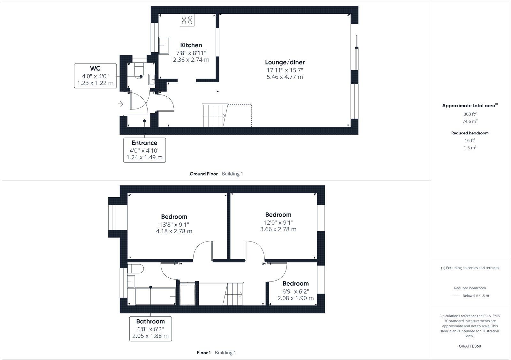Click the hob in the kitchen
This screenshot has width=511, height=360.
pyautogui.click(x=187, y=20)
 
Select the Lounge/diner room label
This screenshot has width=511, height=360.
pyautogui.click(x=285, y=62)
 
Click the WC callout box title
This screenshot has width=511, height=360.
pyautogui.click(x=95, y=68)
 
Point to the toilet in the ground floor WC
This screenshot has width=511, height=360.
pyautogui.click(x=139, y=71)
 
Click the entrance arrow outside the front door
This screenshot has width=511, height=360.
pyautogui.click(x=121, y=104)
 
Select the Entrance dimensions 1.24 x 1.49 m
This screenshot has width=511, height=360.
pyautogui.click(x=144, y=157)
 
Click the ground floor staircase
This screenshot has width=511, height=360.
pyautogui.click(x=214, y=115)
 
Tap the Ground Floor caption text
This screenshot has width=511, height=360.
pyautogui.click(x=203, y=174)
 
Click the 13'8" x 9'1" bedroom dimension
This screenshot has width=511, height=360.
pyautogui.click(x=174, y=224)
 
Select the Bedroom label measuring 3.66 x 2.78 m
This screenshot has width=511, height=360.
pyautogui.click(x=278, y=215)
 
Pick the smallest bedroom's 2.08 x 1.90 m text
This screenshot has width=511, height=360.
pyautogui.click(x=295, y=298)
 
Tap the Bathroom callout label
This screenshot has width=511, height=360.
pyautogui.click(x=150, y=321)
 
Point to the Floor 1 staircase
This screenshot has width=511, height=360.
pyautogui.click(x=233, y=294)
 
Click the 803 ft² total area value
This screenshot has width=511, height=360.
pyautogui.click(x=470, y=114)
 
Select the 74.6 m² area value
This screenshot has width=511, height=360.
pyautogui.click(x=470, y=121)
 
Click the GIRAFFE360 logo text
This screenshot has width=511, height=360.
pyautogui.click(x=470, y=346)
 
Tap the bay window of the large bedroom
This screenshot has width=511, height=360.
pyautogui.click(x=114, y=217)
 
